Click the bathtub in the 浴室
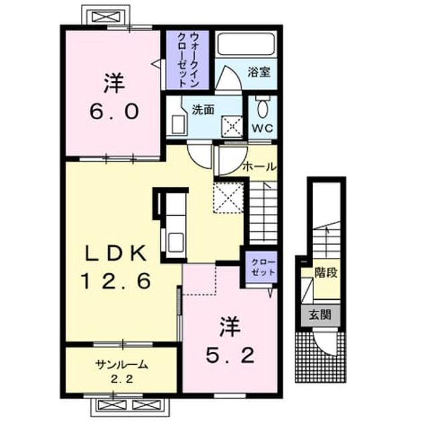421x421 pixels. [246, 44]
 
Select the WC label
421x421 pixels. [263, 128]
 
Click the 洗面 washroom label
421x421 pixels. [202, 110]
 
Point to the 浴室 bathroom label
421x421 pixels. [259, 72]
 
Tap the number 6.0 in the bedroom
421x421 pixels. [114, 112]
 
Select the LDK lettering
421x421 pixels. [116, 254]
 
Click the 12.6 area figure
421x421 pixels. [116, 281]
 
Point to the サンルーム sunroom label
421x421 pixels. [122, 365]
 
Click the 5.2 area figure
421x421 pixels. [230, 356]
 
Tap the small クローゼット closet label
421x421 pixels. [263, 268]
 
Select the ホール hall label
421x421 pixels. [259, 167]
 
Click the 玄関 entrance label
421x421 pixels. [320, 315]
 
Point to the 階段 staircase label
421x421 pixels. [326, 273]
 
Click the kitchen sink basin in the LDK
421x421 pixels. [176, 242]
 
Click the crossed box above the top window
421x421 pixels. [105, 17]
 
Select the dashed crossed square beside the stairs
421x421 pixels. [229, 197]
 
